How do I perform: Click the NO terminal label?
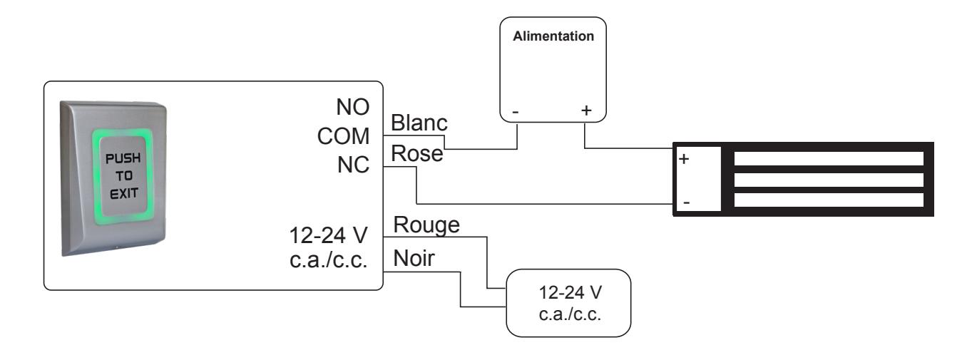coord(353,107)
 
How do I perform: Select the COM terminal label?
coord(343,136)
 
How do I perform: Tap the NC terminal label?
coord(353,165)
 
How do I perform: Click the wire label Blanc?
coord(419,123)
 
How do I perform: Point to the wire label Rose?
coord(417,153)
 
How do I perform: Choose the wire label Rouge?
coord(426,225)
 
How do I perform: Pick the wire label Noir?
coord(414,258)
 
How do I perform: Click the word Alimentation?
coord(553,36)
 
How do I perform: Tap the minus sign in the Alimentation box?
coord(516,112)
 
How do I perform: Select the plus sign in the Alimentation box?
coord(586,110)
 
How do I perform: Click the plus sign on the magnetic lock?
coord(684,159)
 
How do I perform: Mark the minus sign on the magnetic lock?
coord(687,202)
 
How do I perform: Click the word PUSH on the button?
coord(123,158)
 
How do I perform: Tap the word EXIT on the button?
coord(124,193)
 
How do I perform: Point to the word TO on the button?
coord(124,176)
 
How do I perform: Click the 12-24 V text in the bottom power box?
coord(570,292)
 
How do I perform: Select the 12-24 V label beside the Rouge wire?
coord(329,235)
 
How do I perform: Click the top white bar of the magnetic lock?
coord(829,159)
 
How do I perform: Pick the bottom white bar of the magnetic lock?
coord(829,200)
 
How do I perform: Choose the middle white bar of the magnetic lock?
coord(829,180)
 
